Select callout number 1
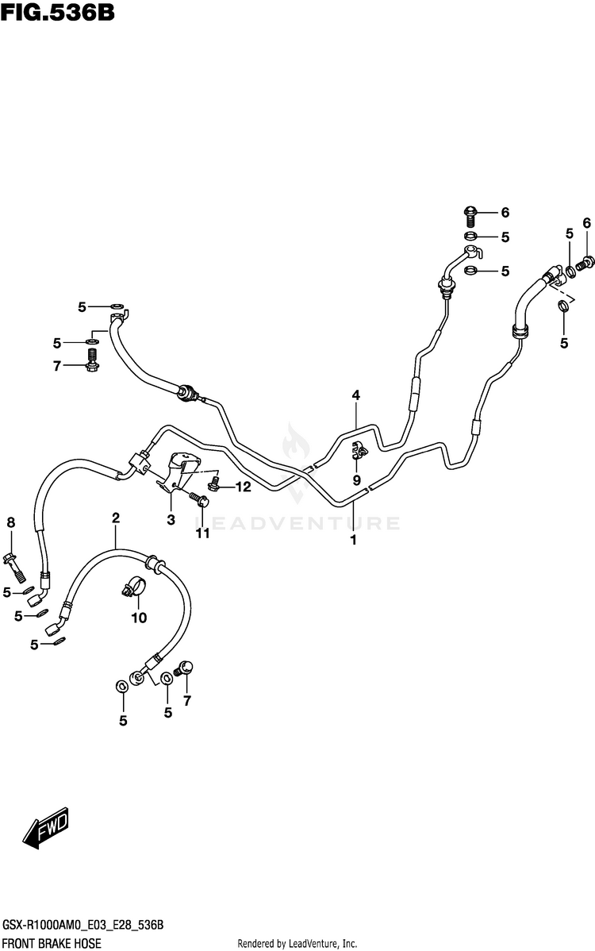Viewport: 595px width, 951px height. pyautogui.click(x=353, y=540)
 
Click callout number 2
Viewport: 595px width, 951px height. pyautogui.click(x=116, y=518)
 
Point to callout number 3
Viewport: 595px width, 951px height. pyautogui.click(x=170, y=520)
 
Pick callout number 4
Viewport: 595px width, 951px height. pyautogui.click(x=356, y=395)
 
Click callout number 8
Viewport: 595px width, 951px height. pyautogui.click(x=11, y=522)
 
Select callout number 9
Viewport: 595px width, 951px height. pyautogui.click(x=356, y=480)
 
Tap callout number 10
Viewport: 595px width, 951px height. pyautogui.click(x=139, y=618)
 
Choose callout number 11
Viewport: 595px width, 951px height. pyautogui.click(x=203, y=533)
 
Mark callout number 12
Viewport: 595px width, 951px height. pyautogui.click(x=242, y=487)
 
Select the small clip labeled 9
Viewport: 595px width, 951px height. pyautogui.click(x=359, y=452)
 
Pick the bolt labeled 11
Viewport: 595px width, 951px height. pyautogui.click(x=200, y=499)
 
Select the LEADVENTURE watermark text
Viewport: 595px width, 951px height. pyautogui.click(x=297, y=523)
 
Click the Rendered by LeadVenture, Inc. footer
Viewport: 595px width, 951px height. pyautogui.click(x=297, y=942)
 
